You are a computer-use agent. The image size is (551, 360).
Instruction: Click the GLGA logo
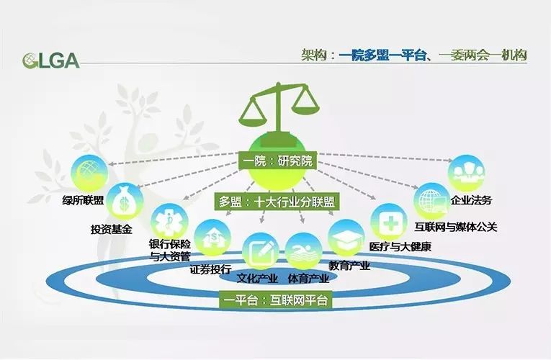point(51,60)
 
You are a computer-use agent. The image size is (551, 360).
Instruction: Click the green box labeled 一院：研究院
point(277,161)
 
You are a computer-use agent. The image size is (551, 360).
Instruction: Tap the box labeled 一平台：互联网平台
point(275,300)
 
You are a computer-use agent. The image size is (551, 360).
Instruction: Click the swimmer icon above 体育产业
point(304,251)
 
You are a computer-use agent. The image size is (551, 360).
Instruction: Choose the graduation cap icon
point(346,238)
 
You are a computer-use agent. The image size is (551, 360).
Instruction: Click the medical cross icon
point(389,222)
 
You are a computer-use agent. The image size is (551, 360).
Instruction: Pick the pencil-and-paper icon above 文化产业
point(261,251)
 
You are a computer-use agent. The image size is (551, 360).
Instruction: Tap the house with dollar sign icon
point(212,238)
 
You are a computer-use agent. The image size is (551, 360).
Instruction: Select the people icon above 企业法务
point(466,173)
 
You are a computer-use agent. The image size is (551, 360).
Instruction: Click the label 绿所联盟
point(83,200)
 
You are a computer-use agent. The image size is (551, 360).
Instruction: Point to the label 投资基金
point(112,230)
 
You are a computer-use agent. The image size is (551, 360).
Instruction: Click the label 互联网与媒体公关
point(456,227)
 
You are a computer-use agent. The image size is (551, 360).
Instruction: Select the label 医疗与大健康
point(400,246)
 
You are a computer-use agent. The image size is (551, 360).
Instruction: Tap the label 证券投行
point(210,269)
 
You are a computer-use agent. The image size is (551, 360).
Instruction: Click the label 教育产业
point(349,266)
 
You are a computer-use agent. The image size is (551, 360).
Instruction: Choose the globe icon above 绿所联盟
point(89,173)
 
